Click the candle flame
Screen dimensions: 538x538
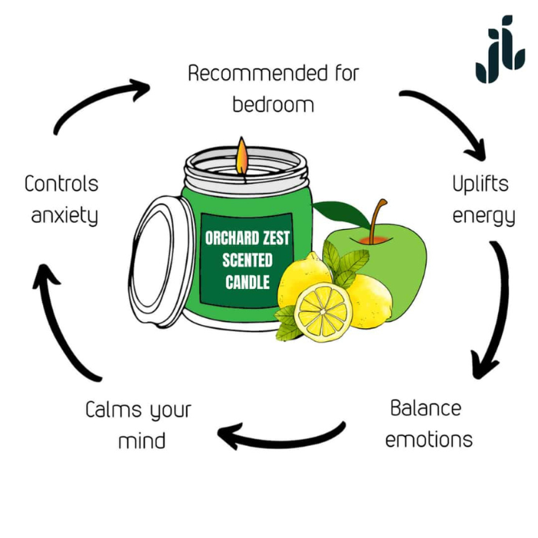tap(242, 155)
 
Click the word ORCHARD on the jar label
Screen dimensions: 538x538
tap(230, 238)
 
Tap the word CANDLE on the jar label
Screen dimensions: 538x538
tap(247, 282)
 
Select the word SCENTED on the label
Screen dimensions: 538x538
tap(247, 260)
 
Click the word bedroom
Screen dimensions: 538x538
tap(273, 104)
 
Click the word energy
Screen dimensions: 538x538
tap(483, 216)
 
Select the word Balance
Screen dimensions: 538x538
tap(425, 408)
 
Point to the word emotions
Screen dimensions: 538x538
tap(428, 440)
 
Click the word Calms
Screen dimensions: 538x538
tap(112, 410)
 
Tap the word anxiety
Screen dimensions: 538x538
tap(65, 216)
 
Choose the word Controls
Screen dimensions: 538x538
tap(61, 184)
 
